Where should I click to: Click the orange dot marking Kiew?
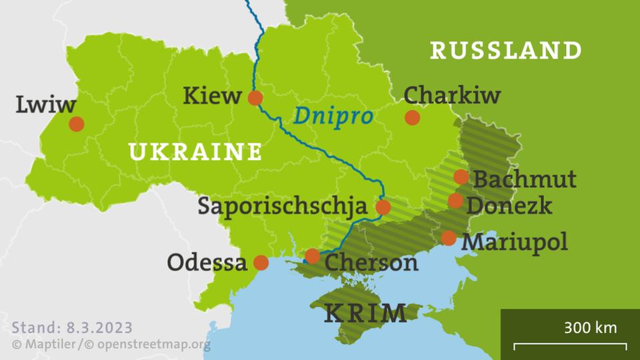point(255,99)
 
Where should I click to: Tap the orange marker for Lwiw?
point(77,124)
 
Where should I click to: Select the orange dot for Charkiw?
point(412,118)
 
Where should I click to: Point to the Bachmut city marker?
point(461,177)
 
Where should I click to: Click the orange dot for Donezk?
point(455,201)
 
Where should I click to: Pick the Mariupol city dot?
point(449,238)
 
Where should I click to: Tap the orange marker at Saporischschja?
point(383,207)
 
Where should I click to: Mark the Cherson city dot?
point(312,256)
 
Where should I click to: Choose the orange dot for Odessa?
point(261,263)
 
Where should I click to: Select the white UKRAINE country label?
point(195,152)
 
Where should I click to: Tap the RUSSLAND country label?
point(506,50)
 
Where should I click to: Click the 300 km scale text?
point(590,327)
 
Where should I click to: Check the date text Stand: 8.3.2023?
point(72,328)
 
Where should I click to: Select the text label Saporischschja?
point(282,206)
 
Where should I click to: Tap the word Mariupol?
point(515,241)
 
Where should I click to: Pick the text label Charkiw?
point(452,95)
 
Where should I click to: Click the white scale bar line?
point(569,345)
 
